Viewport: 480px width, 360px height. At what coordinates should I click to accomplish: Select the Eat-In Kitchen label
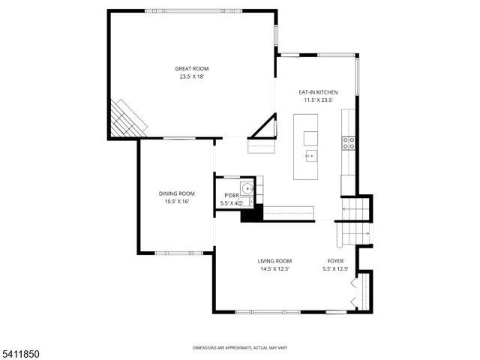318,92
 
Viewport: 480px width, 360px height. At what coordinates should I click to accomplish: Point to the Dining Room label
176,193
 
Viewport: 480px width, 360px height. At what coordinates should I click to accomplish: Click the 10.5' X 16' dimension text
176,201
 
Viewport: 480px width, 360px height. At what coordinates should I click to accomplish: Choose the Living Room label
274,261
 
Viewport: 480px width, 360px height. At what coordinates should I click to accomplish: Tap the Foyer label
335,261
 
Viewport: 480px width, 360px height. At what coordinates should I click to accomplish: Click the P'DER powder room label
231,196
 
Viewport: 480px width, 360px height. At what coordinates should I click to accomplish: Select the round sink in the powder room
247,187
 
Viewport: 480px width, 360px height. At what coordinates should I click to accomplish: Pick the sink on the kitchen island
310,156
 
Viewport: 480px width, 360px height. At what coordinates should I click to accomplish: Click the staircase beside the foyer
355,221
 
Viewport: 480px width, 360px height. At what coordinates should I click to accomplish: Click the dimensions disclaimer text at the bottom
240,348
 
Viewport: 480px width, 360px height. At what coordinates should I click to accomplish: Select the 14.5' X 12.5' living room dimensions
274,268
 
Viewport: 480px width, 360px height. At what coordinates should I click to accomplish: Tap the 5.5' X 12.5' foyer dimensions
335,268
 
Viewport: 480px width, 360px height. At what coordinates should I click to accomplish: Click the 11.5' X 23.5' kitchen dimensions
318,100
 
